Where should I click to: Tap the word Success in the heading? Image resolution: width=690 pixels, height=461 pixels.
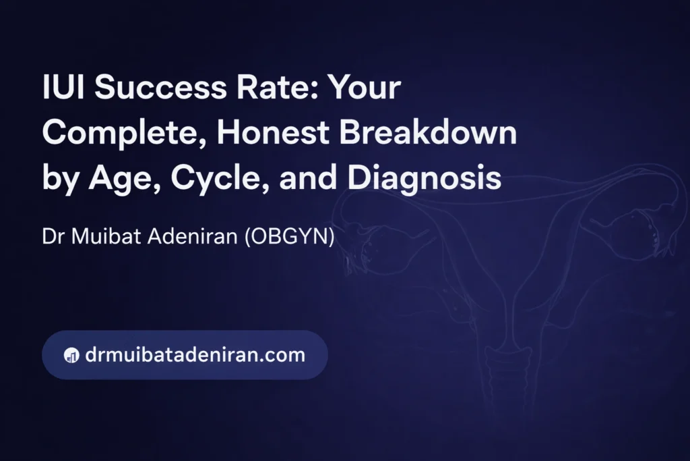tap(160, 87)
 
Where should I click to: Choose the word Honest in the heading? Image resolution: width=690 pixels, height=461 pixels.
tap(273, 132)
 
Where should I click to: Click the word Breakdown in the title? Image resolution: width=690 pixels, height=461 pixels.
tap(428, 132)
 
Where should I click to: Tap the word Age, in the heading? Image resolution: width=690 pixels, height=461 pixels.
tap(125, 178)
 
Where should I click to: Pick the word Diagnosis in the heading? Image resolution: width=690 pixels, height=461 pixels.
tap(425, 178)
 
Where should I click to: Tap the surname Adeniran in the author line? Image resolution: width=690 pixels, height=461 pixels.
tap(193, 236)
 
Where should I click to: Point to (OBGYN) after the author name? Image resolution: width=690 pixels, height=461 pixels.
tap(290, 236)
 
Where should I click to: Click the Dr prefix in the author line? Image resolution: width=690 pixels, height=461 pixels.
tap(53, 236)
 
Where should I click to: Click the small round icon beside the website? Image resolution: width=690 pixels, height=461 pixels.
tap(71, 355)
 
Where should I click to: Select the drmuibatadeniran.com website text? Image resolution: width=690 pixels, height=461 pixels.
tap(195, 355)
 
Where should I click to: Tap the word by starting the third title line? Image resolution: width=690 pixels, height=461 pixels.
tap(61, 180)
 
